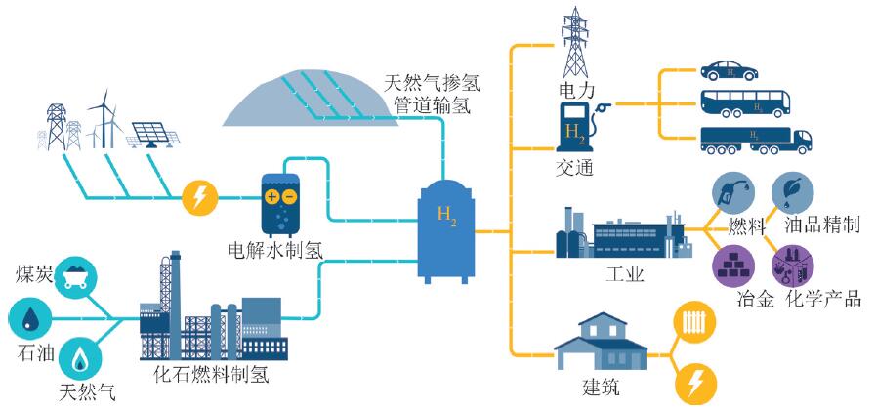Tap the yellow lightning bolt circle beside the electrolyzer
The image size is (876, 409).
[199, 199]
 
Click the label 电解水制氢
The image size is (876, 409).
[275, 251]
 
